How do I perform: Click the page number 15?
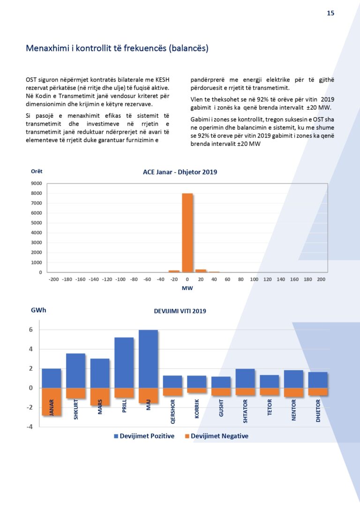pos(330,13)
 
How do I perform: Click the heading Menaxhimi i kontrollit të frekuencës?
pos(117,48)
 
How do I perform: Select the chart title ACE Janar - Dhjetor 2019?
pos(180,172)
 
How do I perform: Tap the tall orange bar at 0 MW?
pos(187,232)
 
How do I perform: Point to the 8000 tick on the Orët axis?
pos(37,193)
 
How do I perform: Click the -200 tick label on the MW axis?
pos(53,279)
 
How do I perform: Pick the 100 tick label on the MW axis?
pos(254,279)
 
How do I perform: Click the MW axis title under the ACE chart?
pos(187,288)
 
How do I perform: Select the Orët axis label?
pos(37,172)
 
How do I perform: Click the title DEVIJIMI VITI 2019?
pos(180,311)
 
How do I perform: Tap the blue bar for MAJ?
pos(148,359)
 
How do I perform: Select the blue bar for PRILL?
pos(124,362)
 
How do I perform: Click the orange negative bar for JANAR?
pos(51,401)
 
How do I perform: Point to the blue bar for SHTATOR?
pos(245,378)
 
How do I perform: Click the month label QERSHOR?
pos(173,412)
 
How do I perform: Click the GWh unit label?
pos(38,310)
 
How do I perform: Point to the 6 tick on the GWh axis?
pos(30,330)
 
